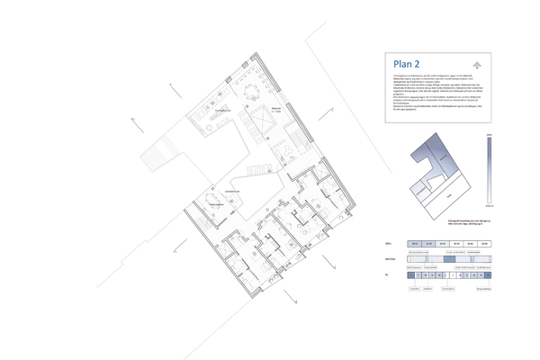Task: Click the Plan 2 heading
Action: coord(410,64)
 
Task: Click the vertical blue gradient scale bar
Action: coord(489,168)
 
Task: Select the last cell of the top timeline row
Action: coord(484,244)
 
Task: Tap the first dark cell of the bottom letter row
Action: coord(411,276)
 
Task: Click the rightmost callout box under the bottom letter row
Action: coord(483,289)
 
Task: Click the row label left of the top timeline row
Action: coord(390,244)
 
